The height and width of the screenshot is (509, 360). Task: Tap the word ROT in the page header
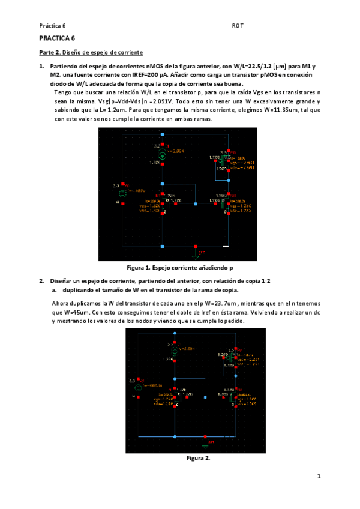pos(236,26)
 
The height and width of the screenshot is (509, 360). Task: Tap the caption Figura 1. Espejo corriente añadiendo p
pos(180,267)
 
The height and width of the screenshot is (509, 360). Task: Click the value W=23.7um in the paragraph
pos(230,303)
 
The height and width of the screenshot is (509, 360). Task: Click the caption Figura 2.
pos(198,458)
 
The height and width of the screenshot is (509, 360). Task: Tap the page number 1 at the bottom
pos(319,477)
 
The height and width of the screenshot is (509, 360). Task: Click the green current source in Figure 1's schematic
pos(153,154)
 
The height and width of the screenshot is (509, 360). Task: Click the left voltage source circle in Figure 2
pos(138,388)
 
